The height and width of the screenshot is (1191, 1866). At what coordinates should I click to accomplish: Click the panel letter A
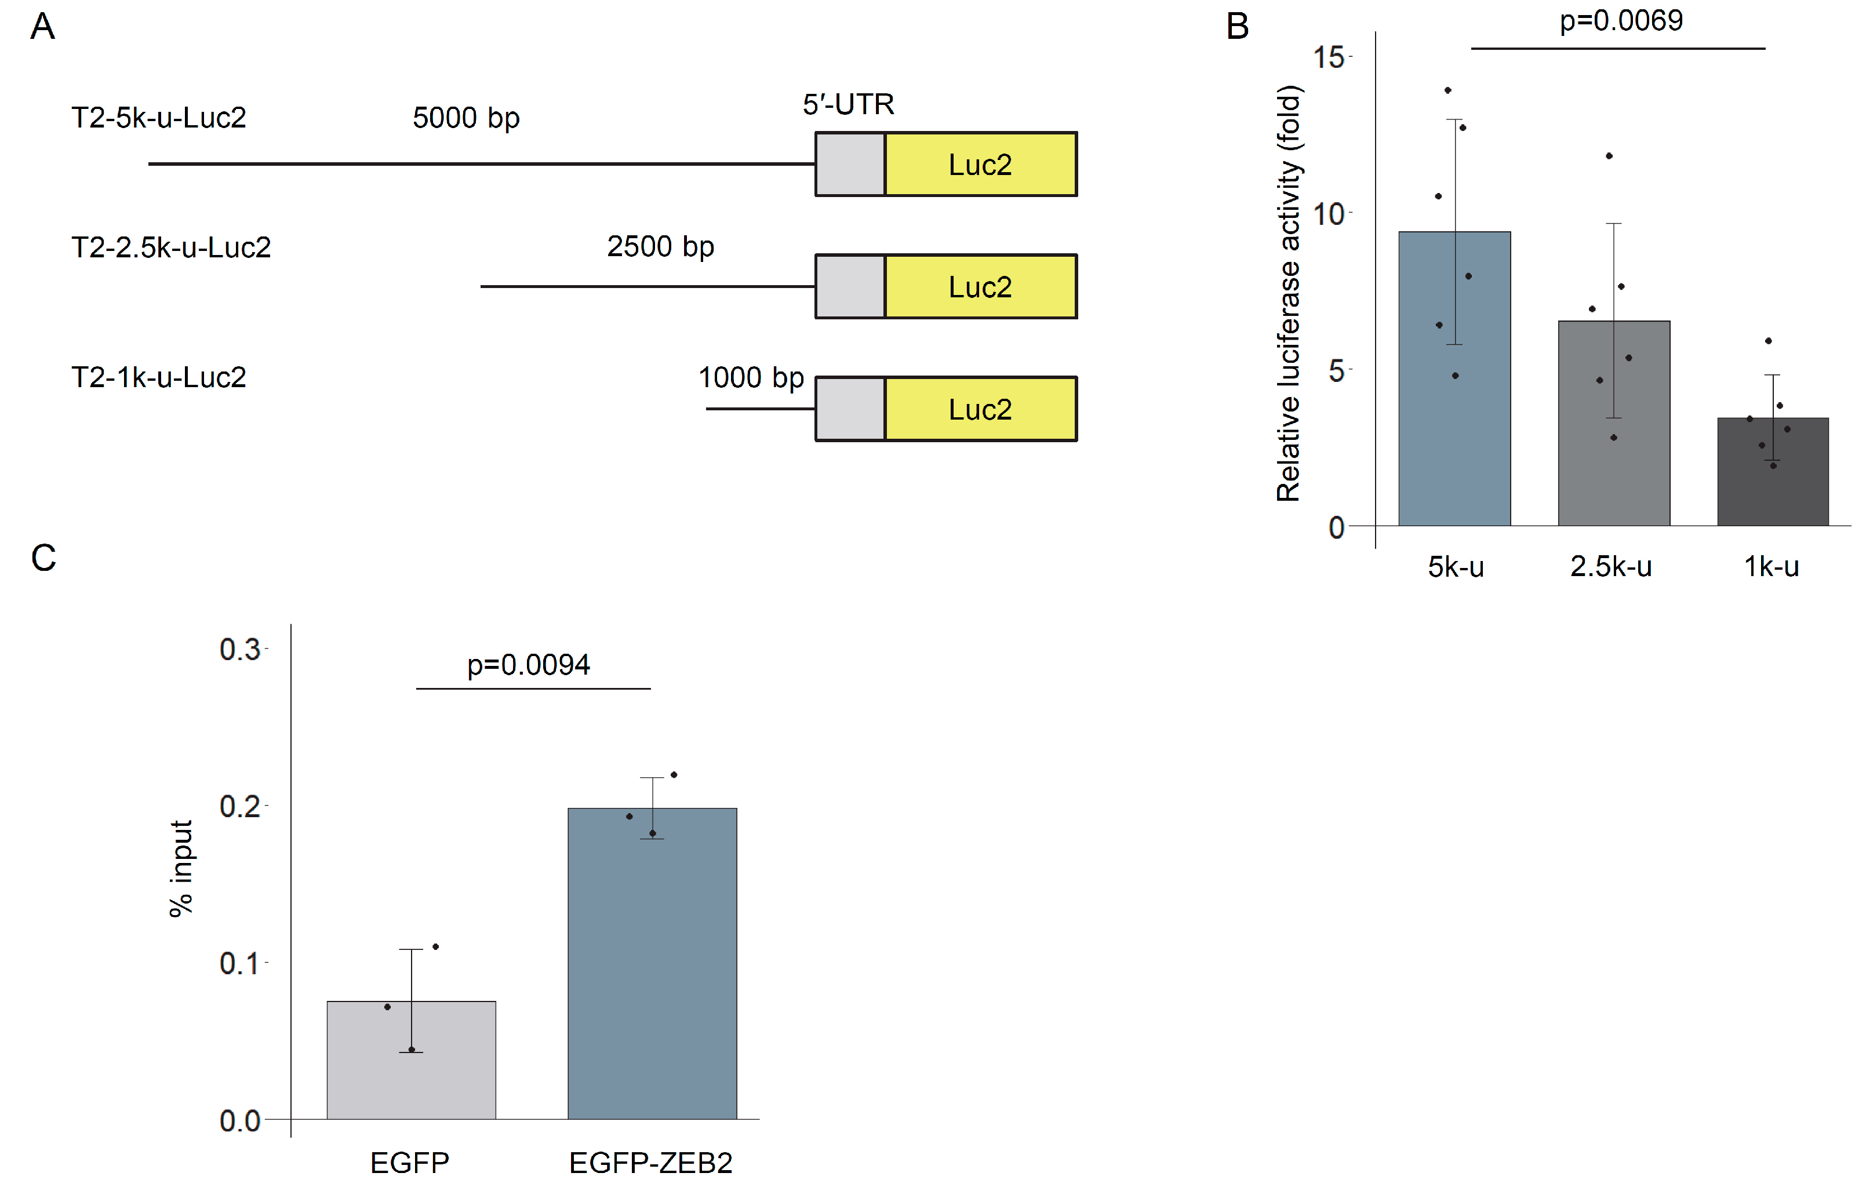point(43,27)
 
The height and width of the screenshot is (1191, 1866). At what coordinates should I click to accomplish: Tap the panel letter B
point(1237,27)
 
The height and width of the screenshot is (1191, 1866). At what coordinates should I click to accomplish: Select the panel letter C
point(43,558)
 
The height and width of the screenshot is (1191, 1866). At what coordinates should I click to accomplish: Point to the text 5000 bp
point(465,118)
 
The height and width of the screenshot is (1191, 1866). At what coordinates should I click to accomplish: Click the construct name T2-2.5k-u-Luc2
point(170,247)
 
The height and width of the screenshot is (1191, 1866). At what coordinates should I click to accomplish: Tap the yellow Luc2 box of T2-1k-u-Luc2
point(980,409)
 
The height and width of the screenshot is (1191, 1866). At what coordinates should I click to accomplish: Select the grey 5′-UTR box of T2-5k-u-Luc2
point(850,164)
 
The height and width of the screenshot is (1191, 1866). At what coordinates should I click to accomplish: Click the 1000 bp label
point(751,377)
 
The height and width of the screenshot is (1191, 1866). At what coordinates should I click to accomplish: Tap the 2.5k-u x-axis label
point(1610,566)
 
